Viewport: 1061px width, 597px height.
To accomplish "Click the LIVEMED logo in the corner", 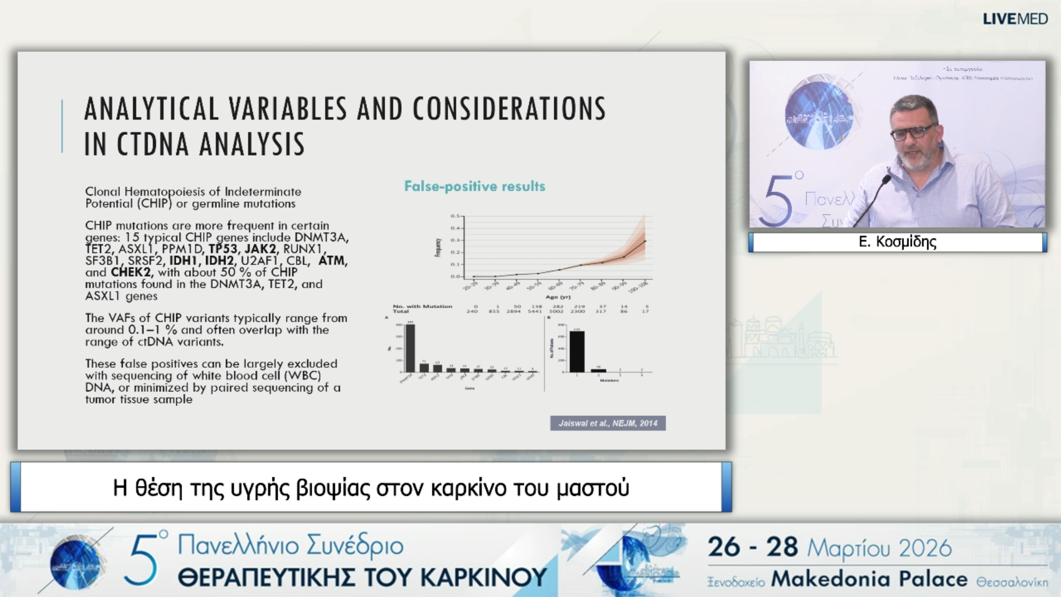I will click(x=1015, y=19).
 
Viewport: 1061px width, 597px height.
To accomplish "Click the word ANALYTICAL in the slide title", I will click(x=151, y=109).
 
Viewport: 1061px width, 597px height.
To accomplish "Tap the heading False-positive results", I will click(x=474, y=186).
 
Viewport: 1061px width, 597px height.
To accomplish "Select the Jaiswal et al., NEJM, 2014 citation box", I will click(x=607, y=423).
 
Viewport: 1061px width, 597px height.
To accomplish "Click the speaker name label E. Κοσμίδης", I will click(x=897, y=242).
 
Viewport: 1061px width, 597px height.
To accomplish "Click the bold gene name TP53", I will click(x=223, y=249).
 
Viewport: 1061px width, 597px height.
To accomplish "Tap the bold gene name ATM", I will click(x=332, y=260).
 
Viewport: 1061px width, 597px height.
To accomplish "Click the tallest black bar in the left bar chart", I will click(x=410, y=348).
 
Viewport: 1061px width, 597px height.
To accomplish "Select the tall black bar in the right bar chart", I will click(x=577, y=352).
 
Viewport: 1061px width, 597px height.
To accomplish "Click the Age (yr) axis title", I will click(x=558, y=297).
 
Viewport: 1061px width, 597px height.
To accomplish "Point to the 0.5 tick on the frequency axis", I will click(x=455, y=216).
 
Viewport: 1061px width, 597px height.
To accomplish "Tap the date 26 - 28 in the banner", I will click(x=753, y=547).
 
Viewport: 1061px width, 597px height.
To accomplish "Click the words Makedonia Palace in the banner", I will click(x=869, y=579).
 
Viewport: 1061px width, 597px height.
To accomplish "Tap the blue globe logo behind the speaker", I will click(x=819, y=115).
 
